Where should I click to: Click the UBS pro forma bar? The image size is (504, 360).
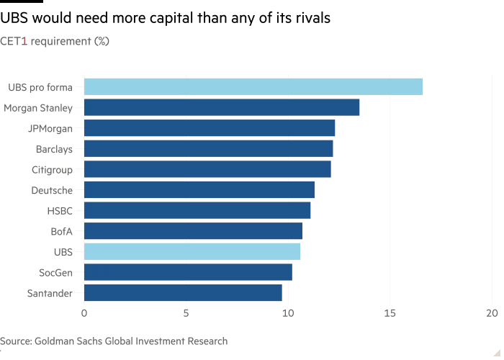253,87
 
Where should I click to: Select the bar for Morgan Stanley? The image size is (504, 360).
222,108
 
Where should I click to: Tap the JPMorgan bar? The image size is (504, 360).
210,128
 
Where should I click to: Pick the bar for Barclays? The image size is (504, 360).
209,149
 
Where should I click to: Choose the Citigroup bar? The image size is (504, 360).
207,169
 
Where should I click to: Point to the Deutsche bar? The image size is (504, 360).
199,190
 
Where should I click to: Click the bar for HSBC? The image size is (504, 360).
197,210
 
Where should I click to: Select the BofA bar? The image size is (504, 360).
193,231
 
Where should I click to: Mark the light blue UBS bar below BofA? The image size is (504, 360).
192,251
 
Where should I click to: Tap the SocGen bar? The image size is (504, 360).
188,272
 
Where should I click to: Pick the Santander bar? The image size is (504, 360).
183,292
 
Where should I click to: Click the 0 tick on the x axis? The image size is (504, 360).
84,313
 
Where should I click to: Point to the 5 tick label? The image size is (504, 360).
186,313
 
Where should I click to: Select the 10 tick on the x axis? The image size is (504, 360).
288,313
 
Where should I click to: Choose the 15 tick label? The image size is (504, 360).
390,313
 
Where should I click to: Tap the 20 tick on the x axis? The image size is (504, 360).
492,313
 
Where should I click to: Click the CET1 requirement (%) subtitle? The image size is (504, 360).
55,42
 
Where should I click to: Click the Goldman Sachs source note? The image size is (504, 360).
114,341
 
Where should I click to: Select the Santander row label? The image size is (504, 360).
50,293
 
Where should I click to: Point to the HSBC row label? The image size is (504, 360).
59,211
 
